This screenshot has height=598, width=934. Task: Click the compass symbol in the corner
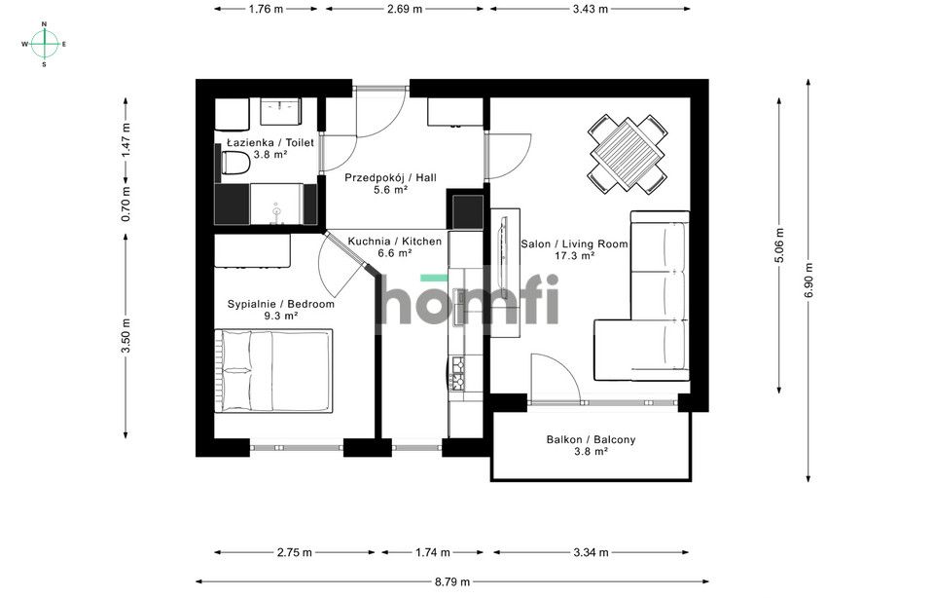(x=45, y=44)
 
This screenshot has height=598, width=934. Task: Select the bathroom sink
(x=283, y=114)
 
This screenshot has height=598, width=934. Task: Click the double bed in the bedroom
(x=273, y=371)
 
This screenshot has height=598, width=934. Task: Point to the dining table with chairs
(x=628, y=154)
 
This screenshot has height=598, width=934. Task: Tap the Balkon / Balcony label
(x=591, y=439)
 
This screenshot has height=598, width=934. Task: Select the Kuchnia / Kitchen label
(x=395, y=241)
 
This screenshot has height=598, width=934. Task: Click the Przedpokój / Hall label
(x=391, y=177)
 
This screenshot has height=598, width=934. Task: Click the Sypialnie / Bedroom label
(x=281, y=304)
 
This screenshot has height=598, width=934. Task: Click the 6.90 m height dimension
(x=808, y=282)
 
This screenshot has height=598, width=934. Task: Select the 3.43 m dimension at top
(x=590, y=9)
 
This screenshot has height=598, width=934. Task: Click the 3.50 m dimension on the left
(x=125, y=336)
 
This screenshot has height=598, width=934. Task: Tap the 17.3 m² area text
(x=574, y=256)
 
